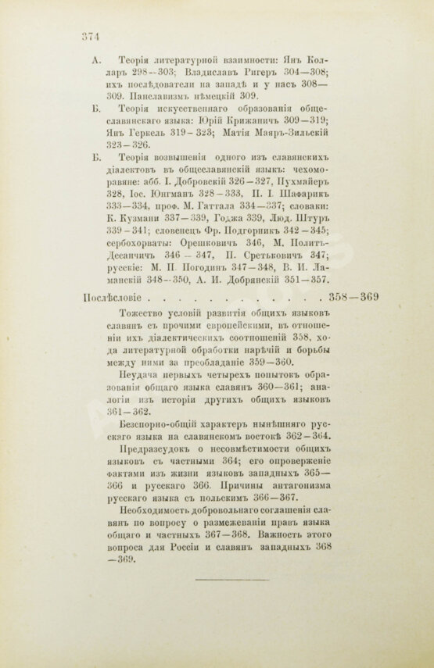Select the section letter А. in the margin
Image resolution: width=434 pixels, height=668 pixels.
pyautogui.click(x=96, y=59)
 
